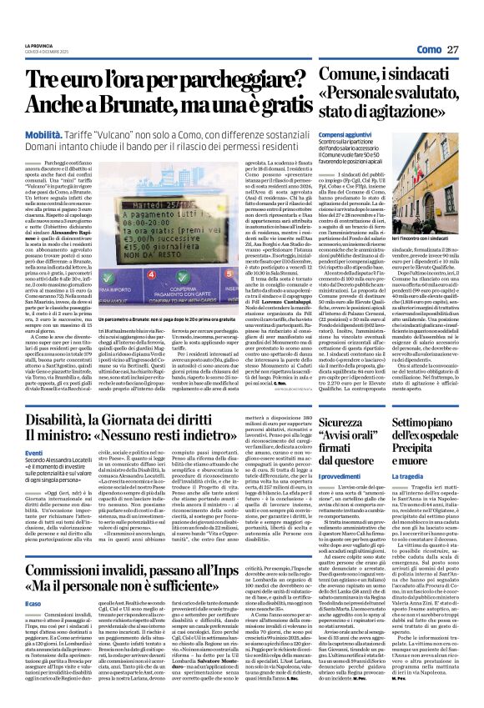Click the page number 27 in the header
point(452,49)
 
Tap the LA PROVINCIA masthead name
point(39,44)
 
